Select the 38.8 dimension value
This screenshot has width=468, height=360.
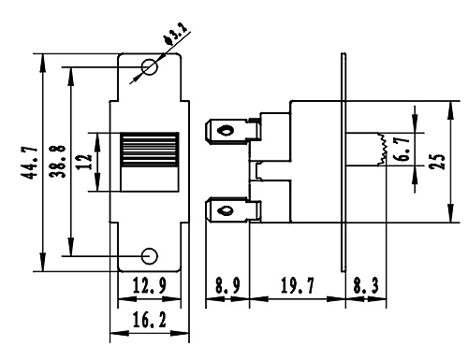click(x=58, y=162)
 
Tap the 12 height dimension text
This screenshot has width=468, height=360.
click(x=85, y=162)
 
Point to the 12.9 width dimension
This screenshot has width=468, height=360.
click(x=150, y=285)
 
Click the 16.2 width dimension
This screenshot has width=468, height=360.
click(x=150, y=320)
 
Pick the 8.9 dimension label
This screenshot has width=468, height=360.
click(x=227, y=285)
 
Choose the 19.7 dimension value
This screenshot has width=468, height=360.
click(x=298, y=285)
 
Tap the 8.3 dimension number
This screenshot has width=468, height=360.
click(x=366, y=285)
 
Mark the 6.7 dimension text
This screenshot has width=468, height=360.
click(x=402, y=149)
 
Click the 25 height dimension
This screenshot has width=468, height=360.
click(x=437, y=161)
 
